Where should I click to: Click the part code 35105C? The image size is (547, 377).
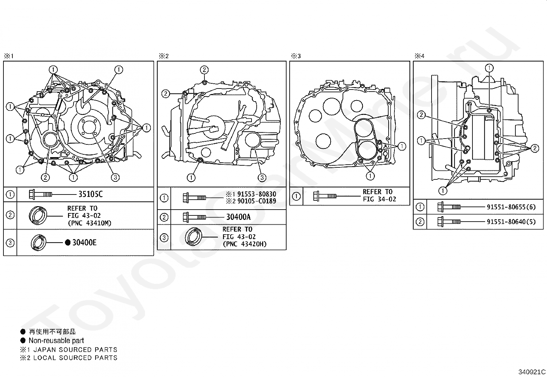pos(91,194)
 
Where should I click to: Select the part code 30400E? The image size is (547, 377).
pos(85,243)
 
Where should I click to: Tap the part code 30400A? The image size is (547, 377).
pos(238,217)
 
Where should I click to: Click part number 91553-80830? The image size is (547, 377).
pos(257,194)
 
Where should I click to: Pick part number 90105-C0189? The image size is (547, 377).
pos(257,201)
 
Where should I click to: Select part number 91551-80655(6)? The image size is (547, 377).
pos(511,207)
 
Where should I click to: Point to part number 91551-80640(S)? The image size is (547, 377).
pos(511,222)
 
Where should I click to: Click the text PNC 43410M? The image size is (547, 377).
pos(89,223)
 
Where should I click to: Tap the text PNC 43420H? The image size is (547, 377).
pos(245,244)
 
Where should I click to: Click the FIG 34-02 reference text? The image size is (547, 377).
pos(379,199)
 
